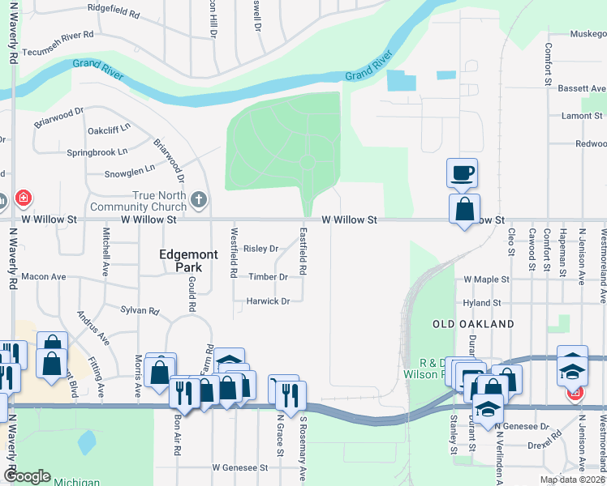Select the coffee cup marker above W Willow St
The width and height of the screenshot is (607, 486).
462,172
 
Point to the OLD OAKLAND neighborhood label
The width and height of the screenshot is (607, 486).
473,324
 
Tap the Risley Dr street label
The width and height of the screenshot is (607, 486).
260,249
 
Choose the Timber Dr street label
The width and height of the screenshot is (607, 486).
268,277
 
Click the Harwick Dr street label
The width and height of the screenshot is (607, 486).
268,301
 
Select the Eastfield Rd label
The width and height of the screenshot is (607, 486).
303,250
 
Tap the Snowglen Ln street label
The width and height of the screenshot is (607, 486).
129,170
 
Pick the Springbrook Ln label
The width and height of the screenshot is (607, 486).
97,151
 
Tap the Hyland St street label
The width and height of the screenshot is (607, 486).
482,303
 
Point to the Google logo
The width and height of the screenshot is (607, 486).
27,476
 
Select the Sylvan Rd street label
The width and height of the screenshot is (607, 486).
140,310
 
